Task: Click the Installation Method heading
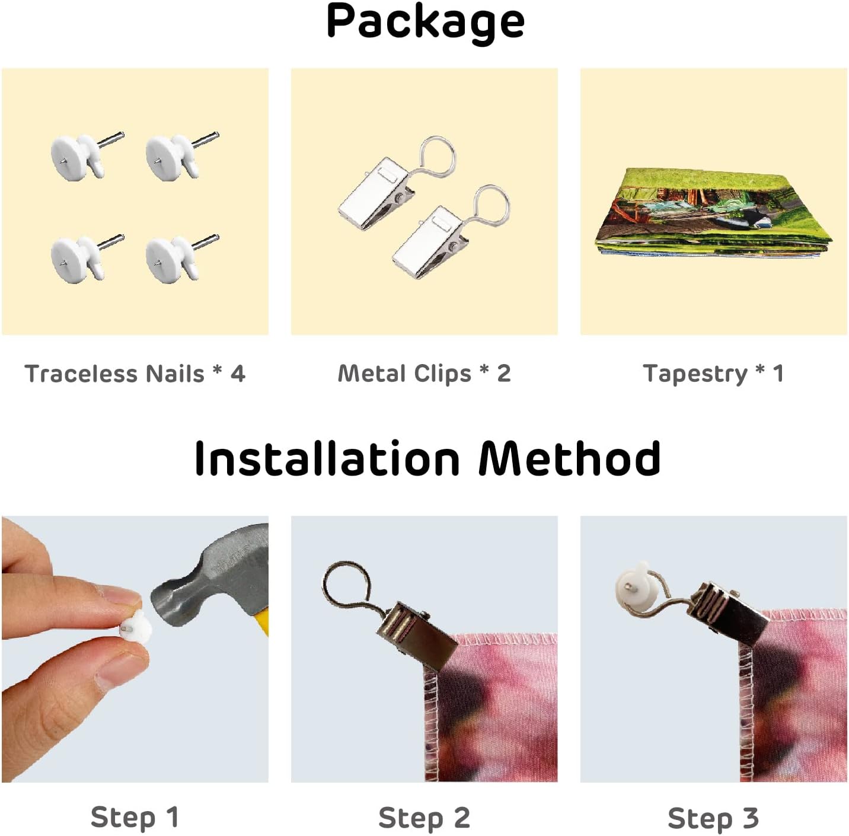point(427,459)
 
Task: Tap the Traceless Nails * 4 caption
point(135,374)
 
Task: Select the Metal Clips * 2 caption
point(425,374)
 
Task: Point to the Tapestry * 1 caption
point(713,374)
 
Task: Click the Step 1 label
point(135,818)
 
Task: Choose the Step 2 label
point(425,818)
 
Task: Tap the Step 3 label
point(713,818)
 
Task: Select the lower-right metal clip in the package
point(449,234)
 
